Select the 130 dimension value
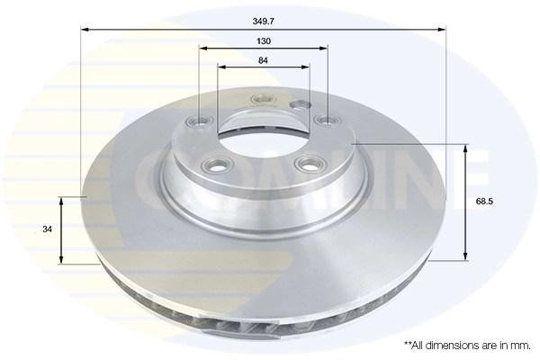[x=264, y=41]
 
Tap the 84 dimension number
[x=264, y=60]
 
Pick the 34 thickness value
[x=48, y=229]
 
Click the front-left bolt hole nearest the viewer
[x=215, y=165]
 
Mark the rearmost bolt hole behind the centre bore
[x=263, y=98]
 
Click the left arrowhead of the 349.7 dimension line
[x=84, y=30]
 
